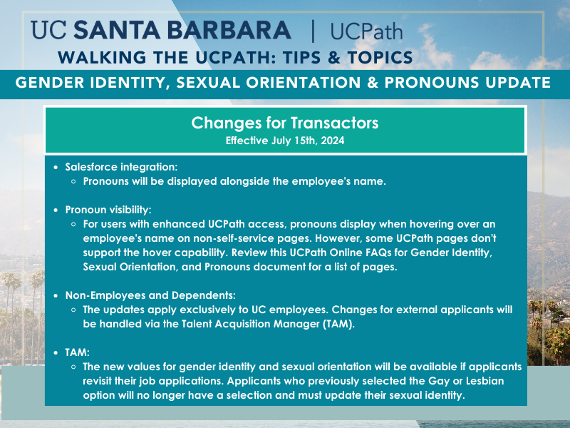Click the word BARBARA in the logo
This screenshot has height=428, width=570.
coord(229,30)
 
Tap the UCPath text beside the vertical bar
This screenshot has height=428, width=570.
coord(366,31)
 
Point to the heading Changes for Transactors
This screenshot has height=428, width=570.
coord(284,123)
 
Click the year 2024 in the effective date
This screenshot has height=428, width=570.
coord(332,141)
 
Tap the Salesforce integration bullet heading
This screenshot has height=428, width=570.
coord(121,167)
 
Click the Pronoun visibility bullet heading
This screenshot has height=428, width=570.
coord(108,210)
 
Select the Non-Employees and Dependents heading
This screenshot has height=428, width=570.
coord(150,295)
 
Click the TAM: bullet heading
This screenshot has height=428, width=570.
coord(77,352)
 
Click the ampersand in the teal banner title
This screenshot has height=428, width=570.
coord(373,83)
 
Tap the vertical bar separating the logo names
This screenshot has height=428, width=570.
coord(313,31)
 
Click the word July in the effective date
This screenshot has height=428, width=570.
coord(281,141)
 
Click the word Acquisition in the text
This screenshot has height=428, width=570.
coord(242,324)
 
